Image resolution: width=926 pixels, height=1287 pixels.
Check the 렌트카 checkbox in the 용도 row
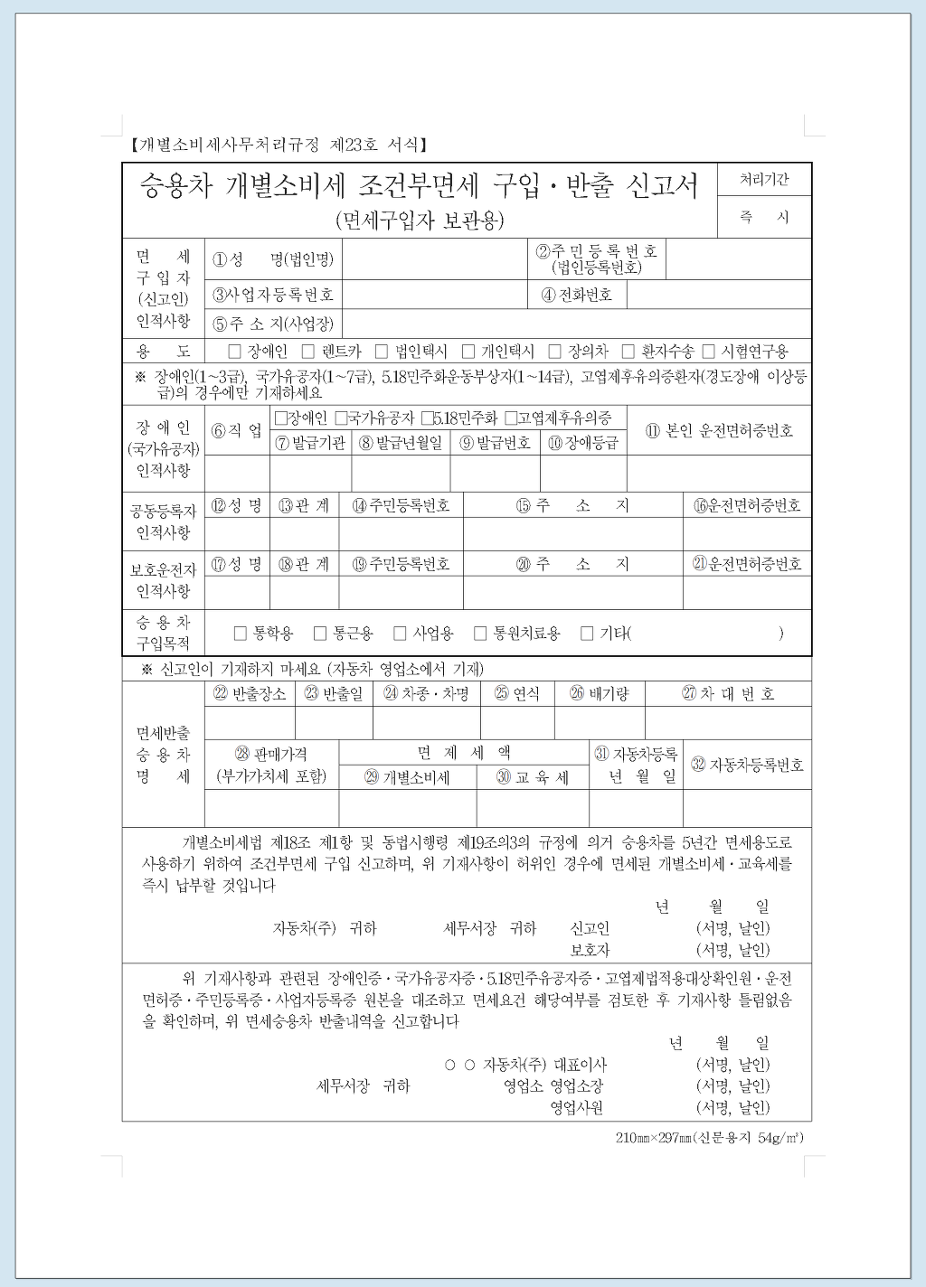(308, 352)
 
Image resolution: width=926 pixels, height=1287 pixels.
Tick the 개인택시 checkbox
(468, 352)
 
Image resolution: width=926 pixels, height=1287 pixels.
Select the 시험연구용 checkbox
(709, 352)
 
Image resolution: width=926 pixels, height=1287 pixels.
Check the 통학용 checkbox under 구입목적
(241, 634)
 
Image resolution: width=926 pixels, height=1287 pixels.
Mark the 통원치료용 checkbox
(480, 634)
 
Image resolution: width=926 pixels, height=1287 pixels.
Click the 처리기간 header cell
(764, 180)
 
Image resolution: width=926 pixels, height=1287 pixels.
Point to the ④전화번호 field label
(577, 295)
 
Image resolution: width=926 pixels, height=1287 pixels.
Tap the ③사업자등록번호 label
(273, 295)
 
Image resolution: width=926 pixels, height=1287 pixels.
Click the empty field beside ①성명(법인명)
(434, 260)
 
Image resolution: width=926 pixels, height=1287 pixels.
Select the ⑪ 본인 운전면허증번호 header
(719, 431)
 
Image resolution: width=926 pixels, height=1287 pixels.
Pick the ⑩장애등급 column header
(583, 443)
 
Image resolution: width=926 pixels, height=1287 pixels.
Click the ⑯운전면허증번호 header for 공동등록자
(747, 505)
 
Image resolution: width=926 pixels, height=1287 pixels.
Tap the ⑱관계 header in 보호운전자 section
(304, 564)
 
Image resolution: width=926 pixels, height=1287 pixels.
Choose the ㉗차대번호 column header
(728, 694)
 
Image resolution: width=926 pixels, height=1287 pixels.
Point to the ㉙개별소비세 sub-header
(407, 777)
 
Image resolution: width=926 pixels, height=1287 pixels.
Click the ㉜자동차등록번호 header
(747, 765)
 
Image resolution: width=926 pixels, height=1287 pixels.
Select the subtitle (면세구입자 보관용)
(420, 220)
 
